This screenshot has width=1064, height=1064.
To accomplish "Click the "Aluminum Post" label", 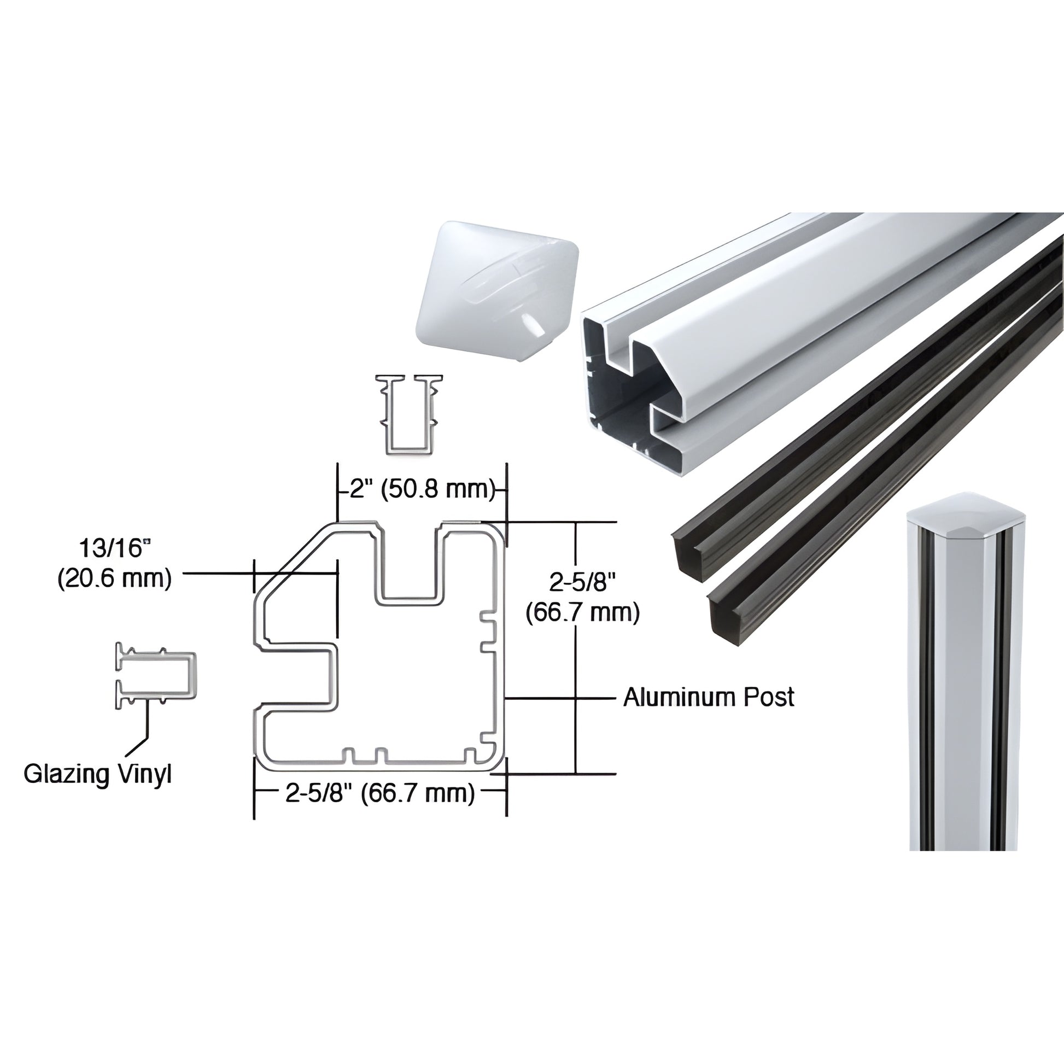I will (709, 697).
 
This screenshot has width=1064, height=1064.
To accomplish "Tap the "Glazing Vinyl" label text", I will (98, 774).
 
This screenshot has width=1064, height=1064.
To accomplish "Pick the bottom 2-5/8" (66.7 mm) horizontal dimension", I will (380, 793).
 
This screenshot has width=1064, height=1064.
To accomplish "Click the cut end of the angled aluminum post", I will (633, 385).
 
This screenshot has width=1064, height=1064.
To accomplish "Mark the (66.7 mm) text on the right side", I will (582, 612).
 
